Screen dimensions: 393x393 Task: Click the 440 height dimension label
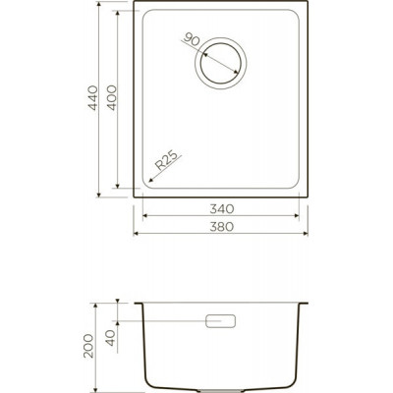pyautogui.click(x=93, y=98)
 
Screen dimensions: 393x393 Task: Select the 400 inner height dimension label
pyautogui.click(x=112, y=98)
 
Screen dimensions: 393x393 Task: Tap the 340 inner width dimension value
pyautogui.click(x=222, y=208)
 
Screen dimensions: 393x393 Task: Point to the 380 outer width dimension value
pyautogui.click(x=222, y=226)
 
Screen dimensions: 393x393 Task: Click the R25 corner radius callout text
pyautogui.click(x=168, y=160)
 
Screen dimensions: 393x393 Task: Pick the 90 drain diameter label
pyautogui.click(x=192, y=39)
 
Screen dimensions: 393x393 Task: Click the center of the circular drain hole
pyautogui.click(x=220, y=63)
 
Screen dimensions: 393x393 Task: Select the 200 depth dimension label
pyautogui.click(x=88, y=346)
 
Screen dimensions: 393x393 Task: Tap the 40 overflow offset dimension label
pyautogui.click(x=111, y=338)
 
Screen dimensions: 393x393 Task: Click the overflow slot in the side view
pyautogui.click(x=220, y=321)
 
